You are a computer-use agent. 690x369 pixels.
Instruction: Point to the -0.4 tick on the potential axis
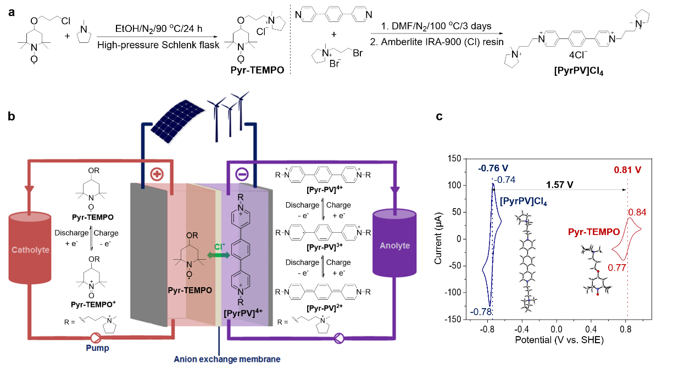tap(522, 330)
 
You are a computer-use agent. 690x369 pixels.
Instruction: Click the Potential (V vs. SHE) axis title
tap(560, 340)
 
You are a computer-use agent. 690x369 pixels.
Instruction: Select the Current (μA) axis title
tap(439, 239)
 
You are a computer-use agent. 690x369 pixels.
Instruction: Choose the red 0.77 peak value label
tap(617, 268)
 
